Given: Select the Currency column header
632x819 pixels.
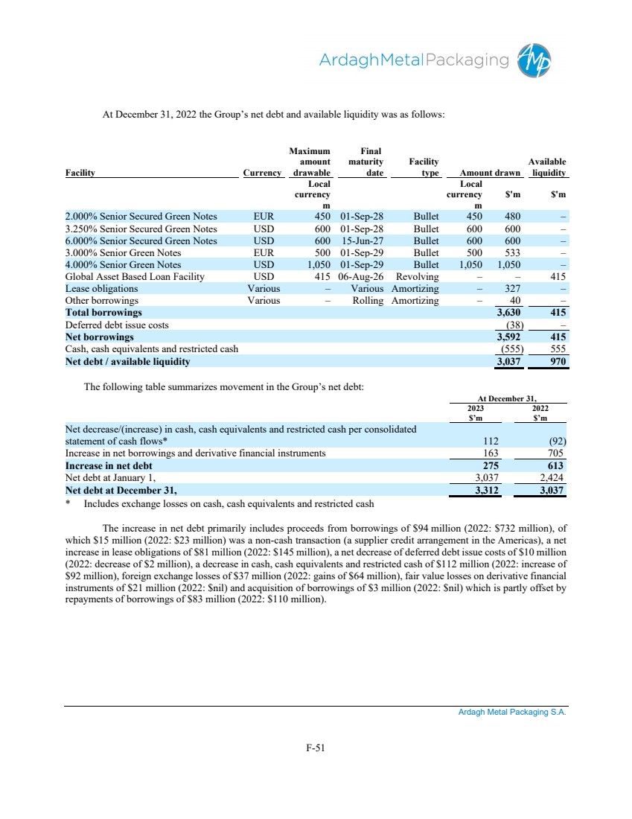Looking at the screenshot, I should tap(263, 173).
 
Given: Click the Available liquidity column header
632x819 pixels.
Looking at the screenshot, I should tap(547, 168).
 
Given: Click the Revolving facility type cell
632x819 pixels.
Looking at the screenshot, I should tap(418, 277).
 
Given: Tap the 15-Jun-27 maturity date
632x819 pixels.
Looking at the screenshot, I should tap(361, 241).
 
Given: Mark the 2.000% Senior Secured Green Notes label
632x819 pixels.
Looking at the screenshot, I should tap(141, 217).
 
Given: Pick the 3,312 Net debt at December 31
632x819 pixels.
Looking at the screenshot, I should tap(484, 491).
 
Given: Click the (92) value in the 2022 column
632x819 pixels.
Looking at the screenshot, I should tap(555, 440).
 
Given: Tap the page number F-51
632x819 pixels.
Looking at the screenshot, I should tap(316, 748).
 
